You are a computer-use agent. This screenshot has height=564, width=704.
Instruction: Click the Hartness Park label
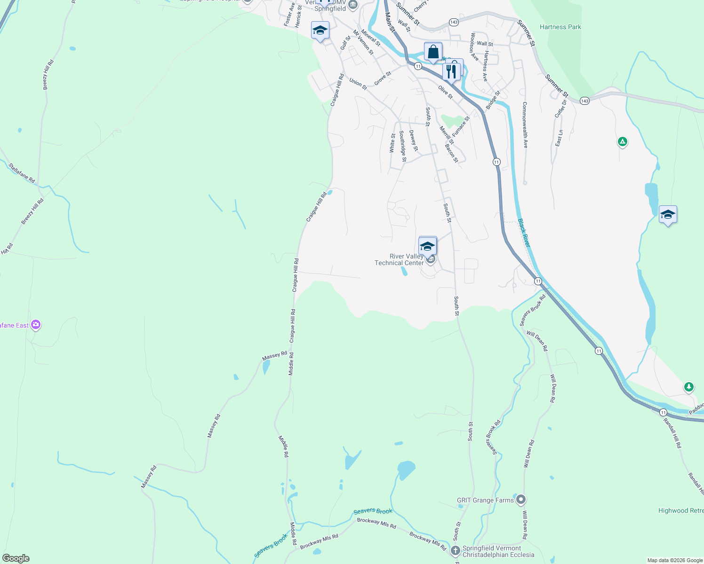pos(560,27)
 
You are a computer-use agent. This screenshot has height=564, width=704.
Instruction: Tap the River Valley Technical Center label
pos(399,259)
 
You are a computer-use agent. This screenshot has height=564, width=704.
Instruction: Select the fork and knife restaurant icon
pos(451,71)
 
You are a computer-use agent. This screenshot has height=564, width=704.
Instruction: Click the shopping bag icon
pos(433,52)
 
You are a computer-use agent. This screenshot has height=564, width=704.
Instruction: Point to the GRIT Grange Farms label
pos(485,500)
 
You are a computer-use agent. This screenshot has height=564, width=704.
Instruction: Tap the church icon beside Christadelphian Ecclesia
pos(455,550)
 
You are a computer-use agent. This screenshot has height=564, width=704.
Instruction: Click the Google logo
pos(16,558)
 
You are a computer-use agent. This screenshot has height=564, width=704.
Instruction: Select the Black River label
pos(524,233)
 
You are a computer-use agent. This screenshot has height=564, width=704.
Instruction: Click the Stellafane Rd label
pos(22,172)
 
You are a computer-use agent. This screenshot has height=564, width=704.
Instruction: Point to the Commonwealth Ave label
pos(525,125)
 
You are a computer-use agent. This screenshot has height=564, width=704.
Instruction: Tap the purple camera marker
pos(36,325)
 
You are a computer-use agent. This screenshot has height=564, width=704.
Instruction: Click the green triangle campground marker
pos(622,141)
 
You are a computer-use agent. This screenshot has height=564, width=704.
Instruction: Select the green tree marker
pos(689,387)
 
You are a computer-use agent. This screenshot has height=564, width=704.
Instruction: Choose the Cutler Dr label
pos(560,109)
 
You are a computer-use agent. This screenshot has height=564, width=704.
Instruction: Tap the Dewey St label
pos(413,141)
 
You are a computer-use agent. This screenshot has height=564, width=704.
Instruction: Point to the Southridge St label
pos(402,146)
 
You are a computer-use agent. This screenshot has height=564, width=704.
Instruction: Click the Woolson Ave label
pos(474,47)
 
